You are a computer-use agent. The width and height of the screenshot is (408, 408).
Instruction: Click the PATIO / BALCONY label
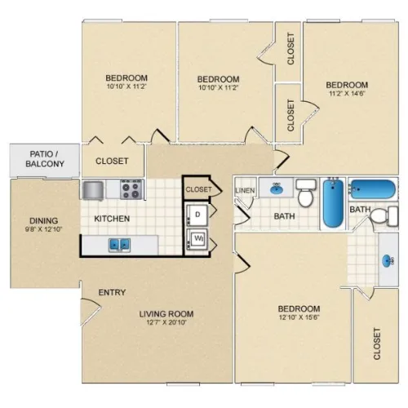tap(45, 159)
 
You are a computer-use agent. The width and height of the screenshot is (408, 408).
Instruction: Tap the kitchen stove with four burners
tap(131, 189)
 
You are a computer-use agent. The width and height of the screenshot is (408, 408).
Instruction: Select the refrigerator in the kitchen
tap(93, 190)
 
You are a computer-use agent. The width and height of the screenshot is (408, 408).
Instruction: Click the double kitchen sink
tap(119, 245)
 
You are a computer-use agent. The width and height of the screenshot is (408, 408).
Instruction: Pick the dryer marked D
tap(197, 215)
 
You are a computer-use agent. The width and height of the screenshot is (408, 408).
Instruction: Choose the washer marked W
tap(197, 240)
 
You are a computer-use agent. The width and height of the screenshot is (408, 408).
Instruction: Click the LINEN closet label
tap(245, 191)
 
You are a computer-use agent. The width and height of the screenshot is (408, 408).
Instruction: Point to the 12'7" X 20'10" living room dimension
tap(166, 323)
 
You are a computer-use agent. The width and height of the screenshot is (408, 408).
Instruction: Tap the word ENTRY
tap(112, 292)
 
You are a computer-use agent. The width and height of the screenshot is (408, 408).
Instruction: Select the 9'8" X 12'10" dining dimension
tap(43, 229)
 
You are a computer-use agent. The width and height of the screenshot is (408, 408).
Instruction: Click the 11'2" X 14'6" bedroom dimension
tap(347, 93)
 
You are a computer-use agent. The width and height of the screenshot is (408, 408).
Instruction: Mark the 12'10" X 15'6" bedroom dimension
tap(299, 317)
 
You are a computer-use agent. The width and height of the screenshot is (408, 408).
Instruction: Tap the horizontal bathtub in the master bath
tap(373, 189)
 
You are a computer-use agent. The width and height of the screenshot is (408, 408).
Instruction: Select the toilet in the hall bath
tap(306, 193)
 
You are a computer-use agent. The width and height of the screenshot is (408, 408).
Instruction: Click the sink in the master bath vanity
tap(388, 261)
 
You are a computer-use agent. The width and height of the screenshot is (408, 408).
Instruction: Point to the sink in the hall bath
tap(277, 188)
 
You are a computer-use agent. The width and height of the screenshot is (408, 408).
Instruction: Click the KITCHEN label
tap(112, 219)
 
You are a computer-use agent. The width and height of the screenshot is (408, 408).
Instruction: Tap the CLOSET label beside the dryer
tap(198, 189)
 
